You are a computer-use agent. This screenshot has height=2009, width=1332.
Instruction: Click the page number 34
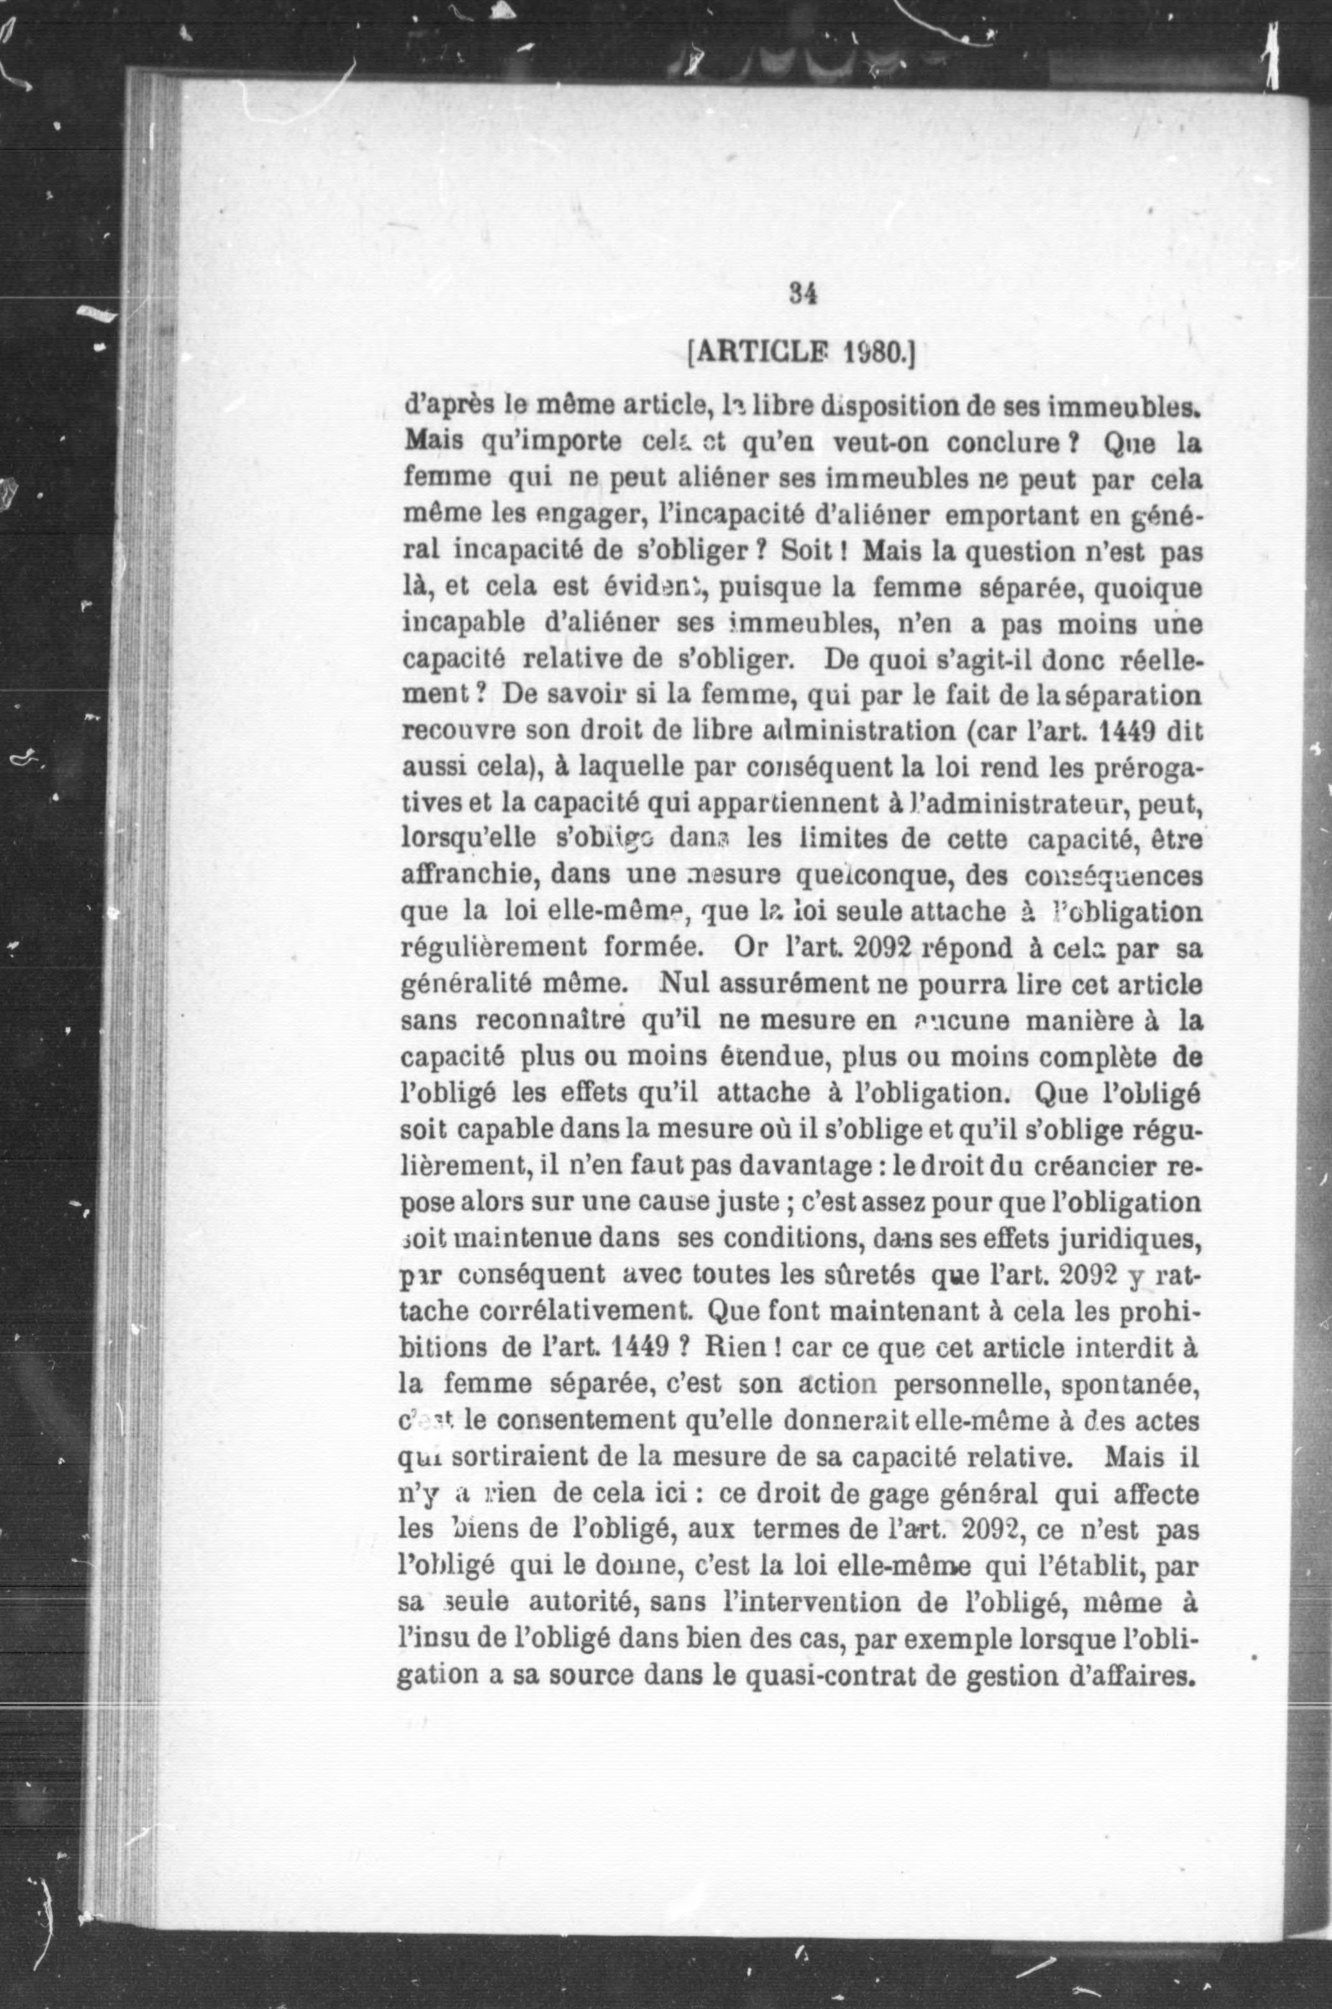(x=803, y=293)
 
